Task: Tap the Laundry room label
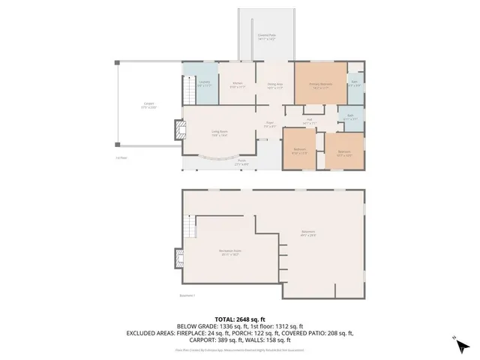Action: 203,85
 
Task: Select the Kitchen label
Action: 237,84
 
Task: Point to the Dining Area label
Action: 274,85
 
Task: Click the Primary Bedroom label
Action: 320,85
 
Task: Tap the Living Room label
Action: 220,133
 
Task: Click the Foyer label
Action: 269,124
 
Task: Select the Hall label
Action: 308,121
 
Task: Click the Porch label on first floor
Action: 241,162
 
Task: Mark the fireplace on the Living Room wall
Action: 178,130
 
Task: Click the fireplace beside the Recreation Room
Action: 178,259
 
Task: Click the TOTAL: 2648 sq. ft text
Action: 240,319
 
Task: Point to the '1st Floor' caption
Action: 121,158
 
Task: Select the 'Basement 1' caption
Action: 187,295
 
